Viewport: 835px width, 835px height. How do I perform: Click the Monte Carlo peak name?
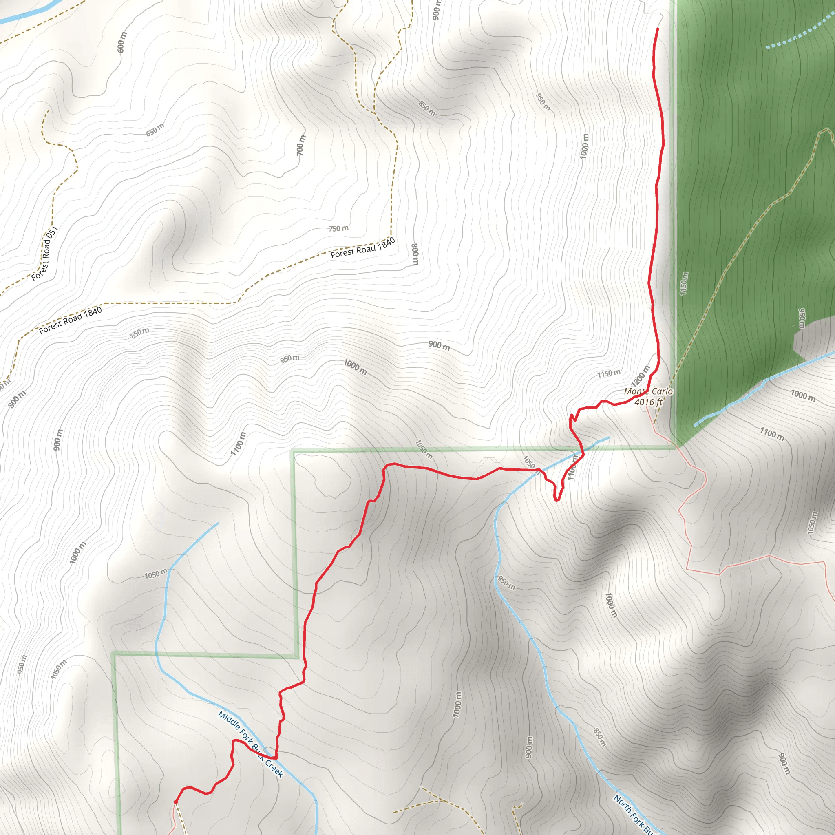[648, 391]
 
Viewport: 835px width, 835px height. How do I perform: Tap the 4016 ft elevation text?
[648, 402]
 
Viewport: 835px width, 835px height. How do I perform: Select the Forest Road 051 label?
[44, 254]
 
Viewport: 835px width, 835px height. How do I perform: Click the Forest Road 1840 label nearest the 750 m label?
[362, 248]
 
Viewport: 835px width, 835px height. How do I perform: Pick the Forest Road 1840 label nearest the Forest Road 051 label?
[71, 320]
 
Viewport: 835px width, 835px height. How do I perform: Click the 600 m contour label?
[122, 42]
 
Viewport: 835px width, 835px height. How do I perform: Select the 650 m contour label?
[155, 130]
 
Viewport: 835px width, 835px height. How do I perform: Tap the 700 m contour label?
[301, 146]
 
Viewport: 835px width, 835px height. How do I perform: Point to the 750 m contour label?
[338, 228]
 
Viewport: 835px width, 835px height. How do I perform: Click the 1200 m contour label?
[640, 376]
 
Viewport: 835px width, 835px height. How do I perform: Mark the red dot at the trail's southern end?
[175, 802]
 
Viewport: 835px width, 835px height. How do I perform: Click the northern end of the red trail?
[657, 29]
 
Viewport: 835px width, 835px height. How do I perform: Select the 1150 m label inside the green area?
[684, 283]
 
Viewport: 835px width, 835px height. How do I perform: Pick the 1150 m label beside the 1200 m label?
[609, 373]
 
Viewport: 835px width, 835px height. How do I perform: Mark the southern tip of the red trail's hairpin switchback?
[557, 501]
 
